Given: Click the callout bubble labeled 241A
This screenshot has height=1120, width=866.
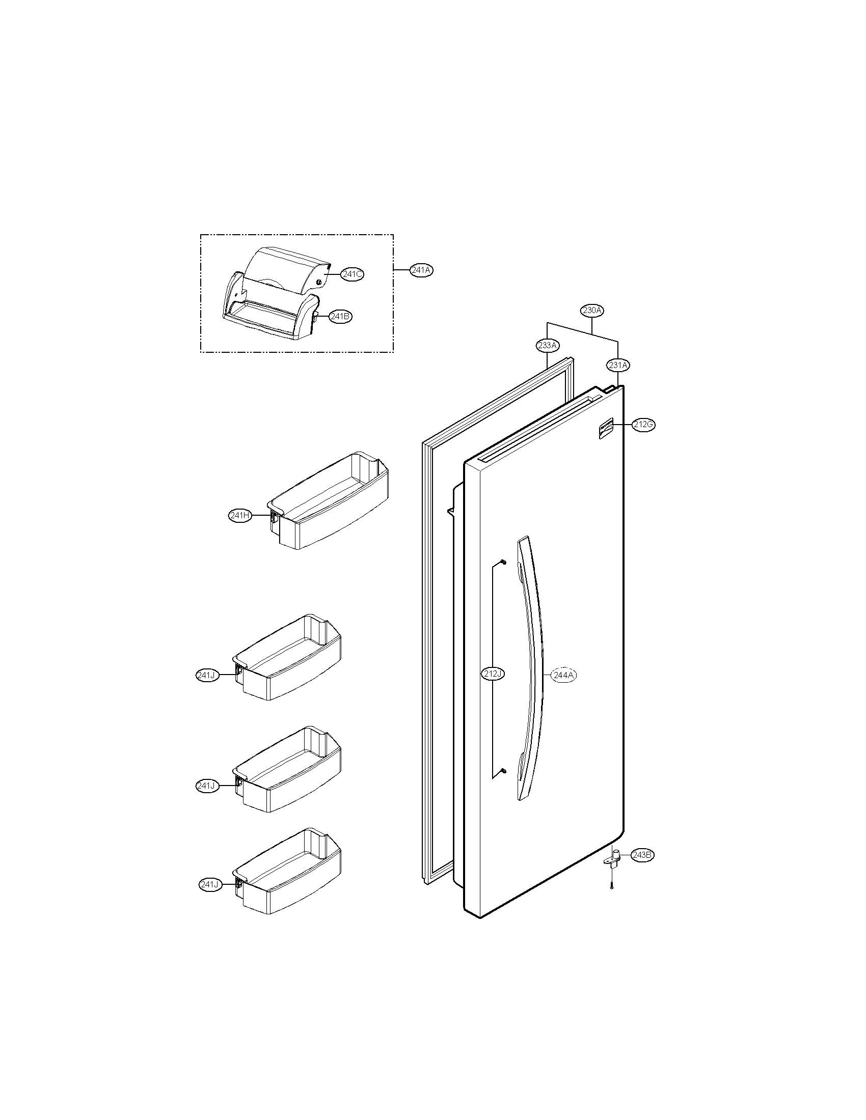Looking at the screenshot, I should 421,270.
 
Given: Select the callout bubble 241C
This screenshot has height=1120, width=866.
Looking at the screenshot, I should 353,274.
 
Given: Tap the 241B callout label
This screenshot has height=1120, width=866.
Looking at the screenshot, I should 340,317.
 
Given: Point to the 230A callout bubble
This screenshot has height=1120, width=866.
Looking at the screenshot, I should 592,310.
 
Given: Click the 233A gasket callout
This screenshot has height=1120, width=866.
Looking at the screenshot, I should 548,345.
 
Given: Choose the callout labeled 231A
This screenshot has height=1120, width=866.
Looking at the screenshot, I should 618,365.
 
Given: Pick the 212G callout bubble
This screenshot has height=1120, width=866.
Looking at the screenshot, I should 643,425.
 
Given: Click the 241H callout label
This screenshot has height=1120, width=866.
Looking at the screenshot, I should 240,516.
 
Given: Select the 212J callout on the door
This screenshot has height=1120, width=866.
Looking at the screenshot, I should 493,674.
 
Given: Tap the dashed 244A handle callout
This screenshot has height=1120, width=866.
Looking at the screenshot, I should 563,676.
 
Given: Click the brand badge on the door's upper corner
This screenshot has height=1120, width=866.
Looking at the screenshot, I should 606,429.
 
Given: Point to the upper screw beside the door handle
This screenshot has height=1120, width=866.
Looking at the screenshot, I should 503,563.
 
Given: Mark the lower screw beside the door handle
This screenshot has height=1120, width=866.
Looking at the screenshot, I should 503,785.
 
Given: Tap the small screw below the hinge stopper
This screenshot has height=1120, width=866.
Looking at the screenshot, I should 612,886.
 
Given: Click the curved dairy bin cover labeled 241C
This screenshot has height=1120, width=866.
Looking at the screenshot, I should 290,269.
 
